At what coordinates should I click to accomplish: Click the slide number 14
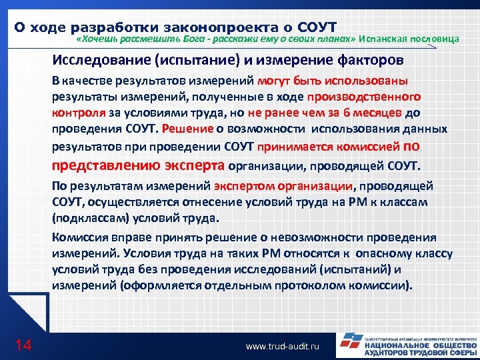pos(23,345)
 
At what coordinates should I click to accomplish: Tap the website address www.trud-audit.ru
pos(283,347)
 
